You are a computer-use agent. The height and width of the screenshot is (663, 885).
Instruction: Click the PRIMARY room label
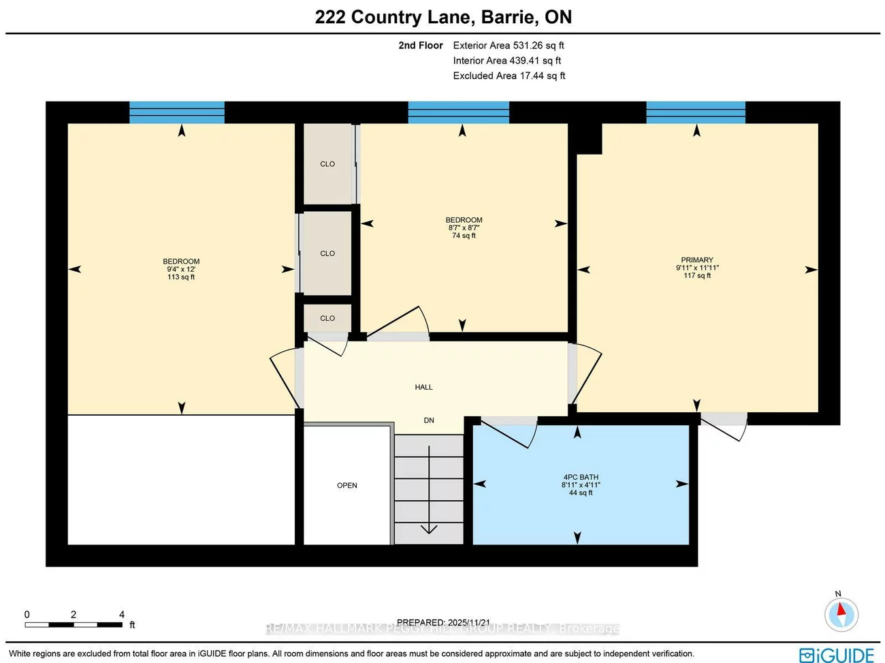pos(697,260)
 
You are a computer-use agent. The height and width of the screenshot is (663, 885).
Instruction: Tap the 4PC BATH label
pos(581,477)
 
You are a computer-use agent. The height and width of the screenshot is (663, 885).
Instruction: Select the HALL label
pos(423,387)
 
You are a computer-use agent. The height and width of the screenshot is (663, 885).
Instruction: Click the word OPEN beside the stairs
pos(347,485)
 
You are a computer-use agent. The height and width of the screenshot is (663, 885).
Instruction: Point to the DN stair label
pos(429,420)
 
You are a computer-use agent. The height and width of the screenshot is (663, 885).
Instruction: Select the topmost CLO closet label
pos(327,164)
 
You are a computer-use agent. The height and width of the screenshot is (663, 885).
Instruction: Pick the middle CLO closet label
pos(327,253)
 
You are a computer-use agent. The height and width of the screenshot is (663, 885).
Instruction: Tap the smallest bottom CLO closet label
pos(327,318)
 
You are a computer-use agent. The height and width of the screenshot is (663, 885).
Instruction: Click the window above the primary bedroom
pos(695,112)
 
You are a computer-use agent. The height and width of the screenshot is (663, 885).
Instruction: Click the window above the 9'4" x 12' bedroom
pos(177,112)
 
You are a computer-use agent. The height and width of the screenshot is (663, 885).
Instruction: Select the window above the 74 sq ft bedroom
pos(458,112)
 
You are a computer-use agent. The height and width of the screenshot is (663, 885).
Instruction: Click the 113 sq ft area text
pos(181,277)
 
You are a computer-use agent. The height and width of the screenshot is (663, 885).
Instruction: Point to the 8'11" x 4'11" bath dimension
pos(581,485)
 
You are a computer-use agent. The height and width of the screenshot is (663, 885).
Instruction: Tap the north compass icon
pos(840,613)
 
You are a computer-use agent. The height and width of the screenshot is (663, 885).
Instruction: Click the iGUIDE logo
pos(837,655)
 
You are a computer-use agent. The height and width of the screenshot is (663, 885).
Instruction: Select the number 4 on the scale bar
pos(122,615)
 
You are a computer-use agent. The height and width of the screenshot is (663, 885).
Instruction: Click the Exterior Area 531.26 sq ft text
pos(509,46)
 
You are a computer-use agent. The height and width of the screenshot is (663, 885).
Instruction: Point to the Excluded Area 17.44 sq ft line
pos(509,76)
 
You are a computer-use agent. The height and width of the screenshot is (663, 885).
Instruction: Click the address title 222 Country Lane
pos(443,17)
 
